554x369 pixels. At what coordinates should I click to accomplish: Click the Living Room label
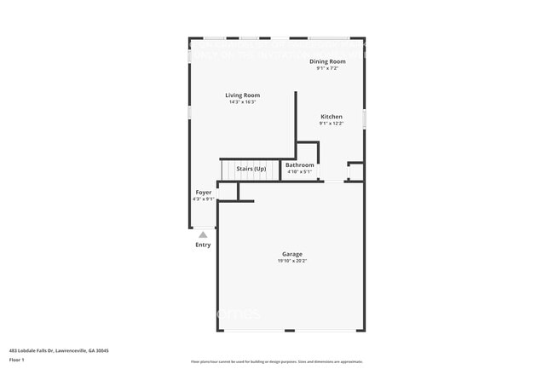click(x=243, y=95)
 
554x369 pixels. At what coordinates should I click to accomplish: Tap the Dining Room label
click(x=327, y=61)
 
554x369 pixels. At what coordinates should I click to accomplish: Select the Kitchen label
click(x=332, y=117)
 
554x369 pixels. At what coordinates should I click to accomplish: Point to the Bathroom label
click(x=299, y=165)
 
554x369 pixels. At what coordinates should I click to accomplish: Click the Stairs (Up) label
click(x=251, y=169)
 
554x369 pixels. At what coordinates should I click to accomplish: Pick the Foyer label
click(x=204, y=193)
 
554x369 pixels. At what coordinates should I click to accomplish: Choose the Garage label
click(x=292, y=254)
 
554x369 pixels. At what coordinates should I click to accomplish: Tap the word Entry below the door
click(x=203, y=245)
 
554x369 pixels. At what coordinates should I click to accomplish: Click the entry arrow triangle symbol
click(x=203, y=234)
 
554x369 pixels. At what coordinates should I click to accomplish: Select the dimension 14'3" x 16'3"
click(x=243, y=102)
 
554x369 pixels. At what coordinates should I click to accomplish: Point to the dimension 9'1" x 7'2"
click(x=327, y=68)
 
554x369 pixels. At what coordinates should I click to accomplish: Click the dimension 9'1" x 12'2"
click(x=332, y=124)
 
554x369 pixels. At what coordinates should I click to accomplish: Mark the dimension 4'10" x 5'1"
click(x=299, y=172)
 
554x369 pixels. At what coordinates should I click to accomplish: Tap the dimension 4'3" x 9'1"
click(x=204, y=199)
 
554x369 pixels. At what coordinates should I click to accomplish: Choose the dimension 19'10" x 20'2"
click(x=291, y=261)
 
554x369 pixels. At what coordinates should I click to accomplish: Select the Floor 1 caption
click(x=17, y=359)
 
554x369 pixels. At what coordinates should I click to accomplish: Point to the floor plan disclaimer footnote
click(x=276, y=361)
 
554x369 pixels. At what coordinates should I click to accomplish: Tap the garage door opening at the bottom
click(x=291, y=332)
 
